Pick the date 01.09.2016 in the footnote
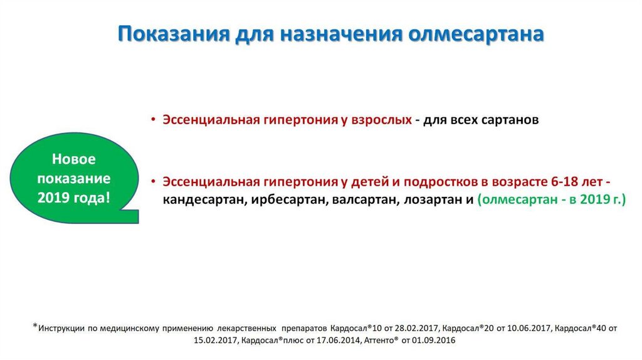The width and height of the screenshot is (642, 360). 433,341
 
